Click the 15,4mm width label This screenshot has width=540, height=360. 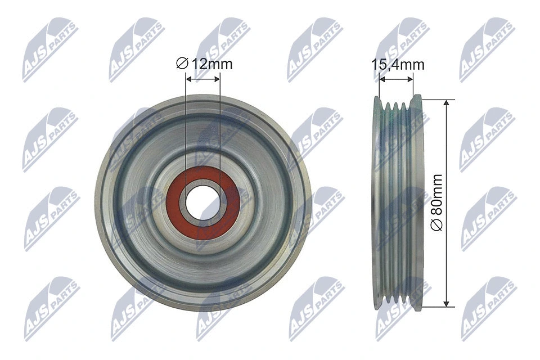click(398, 65)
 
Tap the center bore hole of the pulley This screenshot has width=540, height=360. click(203, 202)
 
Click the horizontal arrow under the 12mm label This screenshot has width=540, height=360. click(203, 80)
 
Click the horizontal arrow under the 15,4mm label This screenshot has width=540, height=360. click(396, 80)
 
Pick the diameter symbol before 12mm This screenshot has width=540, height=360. click(181, 64)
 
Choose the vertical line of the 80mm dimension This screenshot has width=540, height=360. click(447, 169)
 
